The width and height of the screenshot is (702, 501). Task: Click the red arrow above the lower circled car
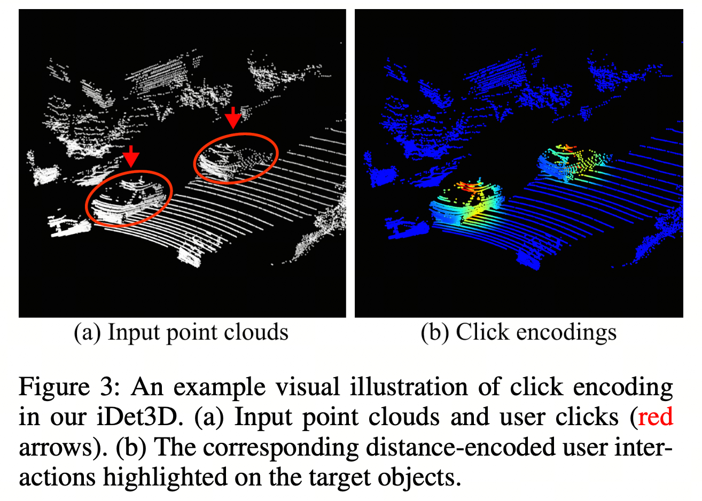point(131,155)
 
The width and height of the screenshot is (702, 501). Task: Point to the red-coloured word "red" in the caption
point(655,417)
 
